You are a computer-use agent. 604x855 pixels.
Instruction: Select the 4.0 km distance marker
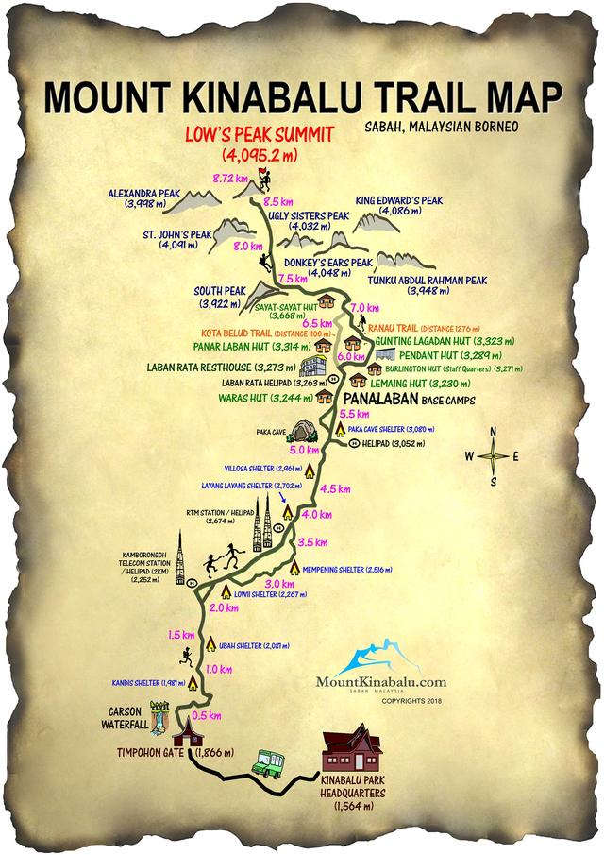317,515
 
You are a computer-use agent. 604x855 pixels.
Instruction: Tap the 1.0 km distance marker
219,669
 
